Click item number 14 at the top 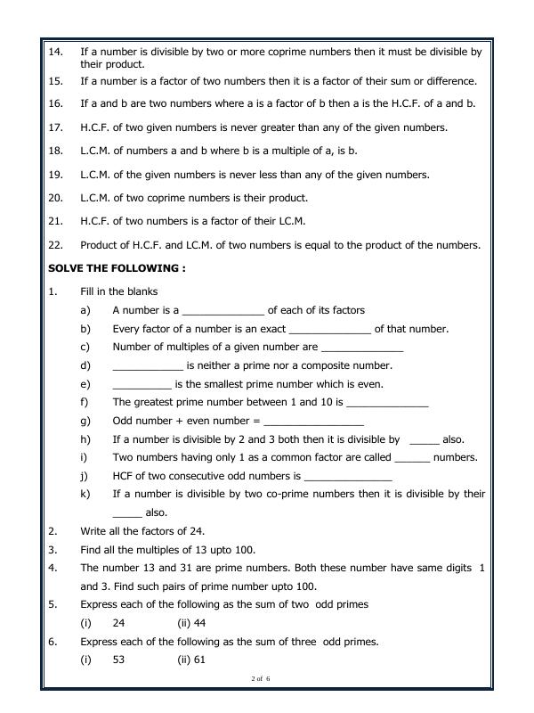[55, 52]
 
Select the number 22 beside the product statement [55, 245]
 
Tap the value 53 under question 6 [119, 660]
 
